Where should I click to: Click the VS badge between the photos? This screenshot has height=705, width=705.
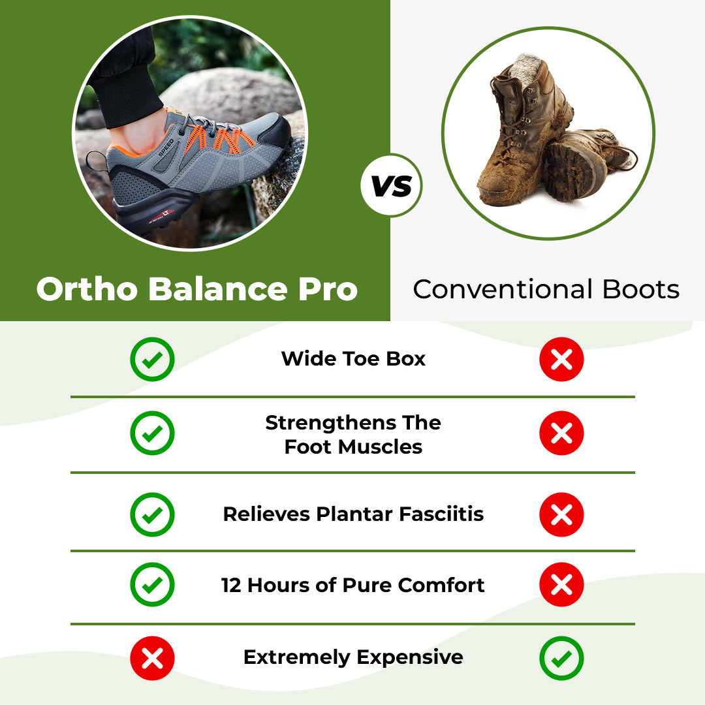tap(391, 186)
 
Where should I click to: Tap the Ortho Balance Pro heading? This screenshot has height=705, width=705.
tap(196, 289)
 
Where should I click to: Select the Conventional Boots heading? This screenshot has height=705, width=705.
tap(546, 289)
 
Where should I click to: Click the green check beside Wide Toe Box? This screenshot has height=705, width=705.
tap(152, 359)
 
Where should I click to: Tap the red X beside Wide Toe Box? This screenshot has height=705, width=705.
tap(561, 359)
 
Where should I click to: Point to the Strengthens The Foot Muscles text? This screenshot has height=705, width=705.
tap(353, 435)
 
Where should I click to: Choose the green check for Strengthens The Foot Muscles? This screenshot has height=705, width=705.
tap(152, 433)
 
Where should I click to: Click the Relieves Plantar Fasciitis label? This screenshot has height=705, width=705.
tap(353, 514)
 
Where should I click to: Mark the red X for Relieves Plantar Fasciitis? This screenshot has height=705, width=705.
tap(561, 514)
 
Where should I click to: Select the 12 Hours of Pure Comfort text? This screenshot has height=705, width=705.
tap(353, 585)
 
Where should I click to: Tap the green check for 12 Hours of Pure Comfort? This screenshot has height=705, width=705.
tap(152, 585)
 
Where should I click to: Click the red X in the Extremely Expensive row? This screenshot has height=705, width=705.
tap(152, 658)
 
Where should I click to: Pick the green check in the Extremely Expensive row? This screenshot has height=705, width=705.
tap(561, 658)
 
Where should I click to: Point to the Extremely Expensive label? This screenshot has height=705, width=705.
tap(353, 657)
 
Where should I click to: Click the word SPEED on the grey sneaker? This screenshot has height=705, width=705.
tap(166, 147)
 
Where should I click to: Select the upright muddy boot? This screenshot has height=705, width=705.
tap(516, 131)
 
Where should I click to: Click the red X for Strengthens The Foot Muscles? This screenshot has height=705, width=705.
tap(561, 433)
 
